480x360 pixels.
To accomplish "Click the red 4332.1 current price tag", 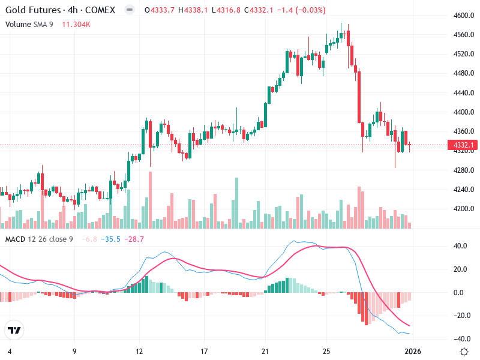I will (x=463, y=145).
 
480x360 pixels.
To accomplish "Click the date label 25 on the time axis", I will (x=326, y=351).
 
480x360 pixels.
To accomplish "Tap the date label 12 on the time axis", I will (x=139, y=351).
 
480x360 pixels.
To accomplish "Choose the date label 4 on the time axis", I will (x=9, y=351).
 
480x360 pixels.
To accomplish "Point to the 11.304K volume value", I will (x=79, y=24).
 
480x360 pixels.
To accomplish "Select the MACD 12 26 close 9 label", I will (x=39, y=239).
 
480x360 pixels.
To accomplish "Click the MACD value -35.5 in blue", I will (x=110, y=239).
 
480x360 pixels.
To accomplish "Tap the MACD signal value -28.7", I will (x=134, y=239).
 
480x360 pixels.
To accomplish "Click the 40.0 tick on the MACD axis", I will (x=460, y=246).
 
